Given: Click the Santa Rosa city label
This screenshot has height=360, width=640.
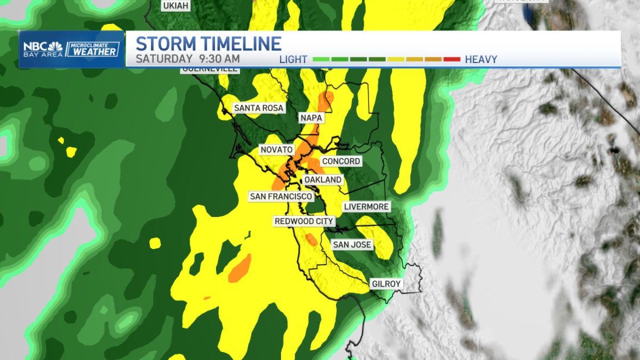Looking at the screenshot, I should pyautogui.click(x=254, y=108).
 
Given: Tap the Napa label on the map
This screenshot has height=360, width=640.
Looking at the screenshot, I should pyautogui.click(x=311, y=118).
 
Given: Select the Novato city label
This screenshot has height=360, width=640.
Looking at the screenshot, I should pyautogui.click(x=276, y=150).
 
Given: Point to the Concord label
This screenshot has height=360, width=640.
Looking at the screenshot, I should pyautogui.click(x=341, y=161).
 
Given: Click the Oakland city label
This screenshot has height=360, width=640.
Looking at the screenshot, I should pyautogui.click(x=323, y=180).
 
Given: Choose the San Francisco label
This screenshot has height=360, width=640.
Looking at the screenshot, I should pyautogui.click(x=281, y=196).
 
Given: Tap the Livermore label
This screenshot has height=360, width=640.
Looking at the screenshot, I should pyautogui.click(x=366, y=206).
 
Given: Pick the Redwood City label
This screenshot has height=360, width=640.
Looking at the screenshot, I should pyautogui.click(x=303, y=221).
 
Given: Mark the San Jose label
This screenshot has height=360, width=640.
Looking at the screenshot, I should pyautogui.click(x=351, y=245).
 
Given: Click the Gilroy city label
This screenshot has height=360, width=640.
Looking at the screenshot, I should pyautogui.click(x=386, y=284).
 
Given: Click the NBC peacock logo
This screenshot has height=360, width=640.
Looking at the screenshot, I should pyautogui.click(x=56, y=46).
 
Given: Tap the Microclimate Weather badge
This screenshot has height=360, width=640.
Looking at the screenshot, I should pyautogui.click(x=92, y=49).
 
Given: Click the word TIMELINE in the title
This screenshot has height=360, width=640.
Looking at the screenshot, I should pyautogui.click(x=242, y=44).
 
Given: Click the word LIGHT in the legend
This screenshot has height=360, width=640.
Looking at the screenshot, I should pyautogui.click(x=293, y=59).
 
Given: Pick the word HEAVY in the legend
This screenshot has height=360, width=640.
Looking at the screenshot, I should pyautogui.click(x=481, y=59).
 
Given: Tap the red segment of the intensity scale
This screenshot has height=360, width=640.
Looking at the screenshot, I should pyautogui.click(x=451, y=59).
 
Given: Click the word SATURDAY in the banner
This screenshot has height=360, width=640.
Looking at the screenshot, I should pyautogui.click(x=164, y=59).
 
